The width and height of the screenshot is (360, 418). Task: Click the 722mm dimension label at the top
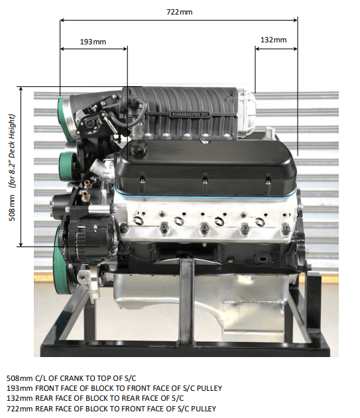pyautogui.click(x=179, y=12)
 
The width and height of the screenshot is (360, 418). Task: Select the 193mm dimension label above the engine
pyautogui.click(x=93, y=42)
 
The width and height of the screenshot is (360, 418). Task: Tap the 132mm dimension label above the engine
pyautogui.click(x=274, y=40)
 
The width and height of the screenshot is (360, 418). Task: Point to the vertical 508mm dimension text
pyautogui.click(x=12, y=207)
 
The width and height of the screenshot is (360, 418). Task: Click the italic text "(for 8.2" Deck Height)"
pyautogui.click(x=12, y=151)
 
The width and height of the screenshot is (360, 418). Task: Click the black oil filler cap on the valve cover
pyautogui.click(x=139, y=147)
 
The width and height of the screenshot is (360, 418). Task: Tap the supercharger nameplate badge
pyautogui.click(x=190, y=114)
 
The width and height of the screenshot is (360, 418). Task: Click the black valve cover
pyautogui.click(x=206, y=168)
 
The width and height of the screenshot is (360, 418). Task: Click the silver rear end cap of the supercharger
pyautogui.click(x=246, y=113)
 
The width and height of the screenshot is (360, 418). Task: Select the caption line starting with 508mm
pyautogui.click(x=71, y=378)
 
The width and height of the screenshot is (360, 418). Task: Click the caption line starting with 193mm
pyautogui.click(x=114, y=388)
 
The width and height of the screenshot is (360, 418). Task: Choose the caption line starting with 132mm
pyautogui.click(x=95, y=398)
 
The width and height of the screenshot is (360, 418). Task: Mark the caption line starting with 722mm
pyautogui.click(x=111, y=409)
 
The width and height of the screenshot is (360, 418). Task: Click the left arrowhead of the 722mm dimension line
pyautogui.click(x=62, y=20)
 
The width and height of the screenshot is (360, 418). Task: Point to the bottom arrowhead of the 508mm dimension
pyautogui.click(x=21, y=244)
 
